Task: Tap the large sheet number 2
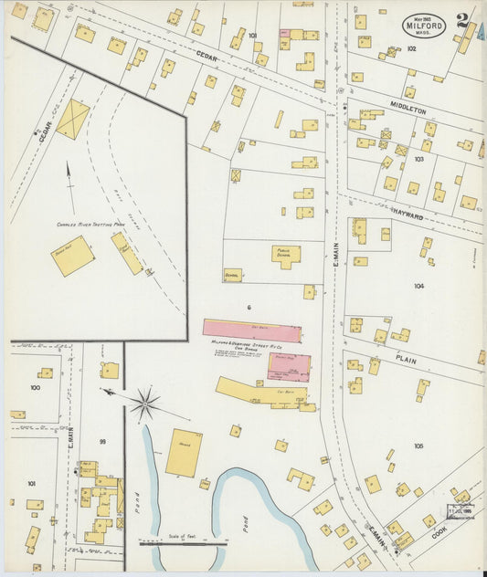tap(464, 21)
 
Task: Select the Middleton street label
tap(408, 110)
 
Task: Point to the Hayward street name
tap(408, 215)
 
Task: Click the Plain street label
tap(406, 360)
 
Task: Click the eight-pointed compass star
tap(143, 403)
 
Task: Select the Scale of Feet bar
tap(182, 541)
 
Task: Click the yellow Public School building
tap(285, 256)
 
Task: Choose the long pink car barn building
tap(250, 330)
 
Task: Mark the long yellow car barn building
tap(259, 392)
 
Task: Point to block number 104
tap(418, 286)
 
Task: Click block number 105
tap(418, 446)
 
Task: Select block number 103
tap(419, 158)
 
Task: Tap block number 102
tap(411, 48)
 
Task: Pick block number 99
tap(102, 442)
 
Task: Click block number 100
tap(35, 388)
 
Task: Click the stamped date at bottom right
tap(459, 511)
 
